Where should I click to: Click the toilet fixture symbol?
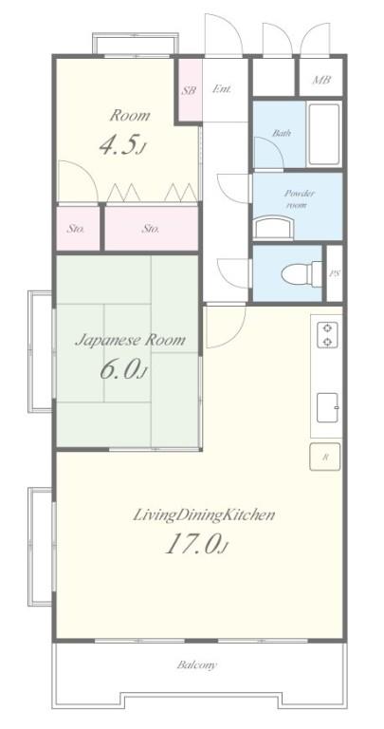point(302,273)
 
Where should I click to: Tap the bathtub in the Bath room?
point(323,134)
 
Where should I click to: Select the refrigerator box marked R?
point(325,457)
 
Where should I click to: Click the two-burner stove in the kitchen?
point(327,335)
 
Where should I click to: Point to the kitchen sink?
point(327,408)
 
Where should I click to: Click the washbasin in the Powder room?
point(274,228)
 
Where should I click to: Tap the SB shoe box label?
point(188,90)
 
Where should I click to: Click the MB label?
point(320,80)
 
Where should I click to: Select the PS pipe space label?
point(334,273)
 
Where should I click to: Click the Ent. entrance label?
point(222,89)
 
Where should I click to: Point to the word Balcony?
point(196,664)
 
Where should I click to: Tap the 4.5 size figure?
point(122,144)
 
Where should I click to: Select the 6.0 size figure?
point(123,370)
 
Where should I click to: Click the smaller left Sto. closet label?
point(75,229)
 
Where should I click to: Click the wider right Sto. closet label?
point(151,229)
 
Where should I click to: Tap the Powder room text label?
point(299,198)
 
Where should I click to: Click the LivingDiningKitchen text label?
point(204,515)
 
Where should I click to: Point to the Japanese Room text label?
point(130,341)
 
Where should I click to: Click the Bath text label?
point(282,134)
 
